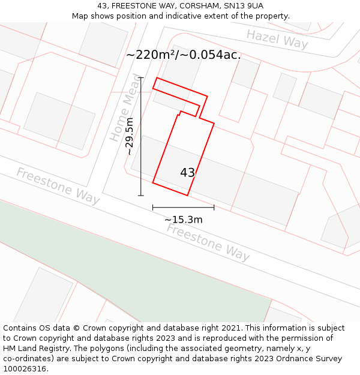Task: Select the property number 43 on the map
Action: [x=187, y=173]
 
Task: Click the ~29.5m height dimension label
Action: [x=130, y=137]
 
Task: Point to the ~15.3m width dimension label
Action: [x=183, y=220]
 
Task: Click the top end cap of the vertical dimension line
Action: [x=141, y=77]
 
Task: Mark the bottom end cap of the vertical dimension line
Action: [x=141, y=196]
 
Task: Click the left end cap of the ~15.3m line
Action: [x=153, y=208]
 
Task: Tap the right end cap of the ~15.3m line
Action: [x=214, y=208]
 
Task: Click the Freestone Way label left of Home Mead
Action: [x=58, y=186]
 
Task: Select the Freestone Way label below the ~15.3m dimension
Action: [x=208, y=242]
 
